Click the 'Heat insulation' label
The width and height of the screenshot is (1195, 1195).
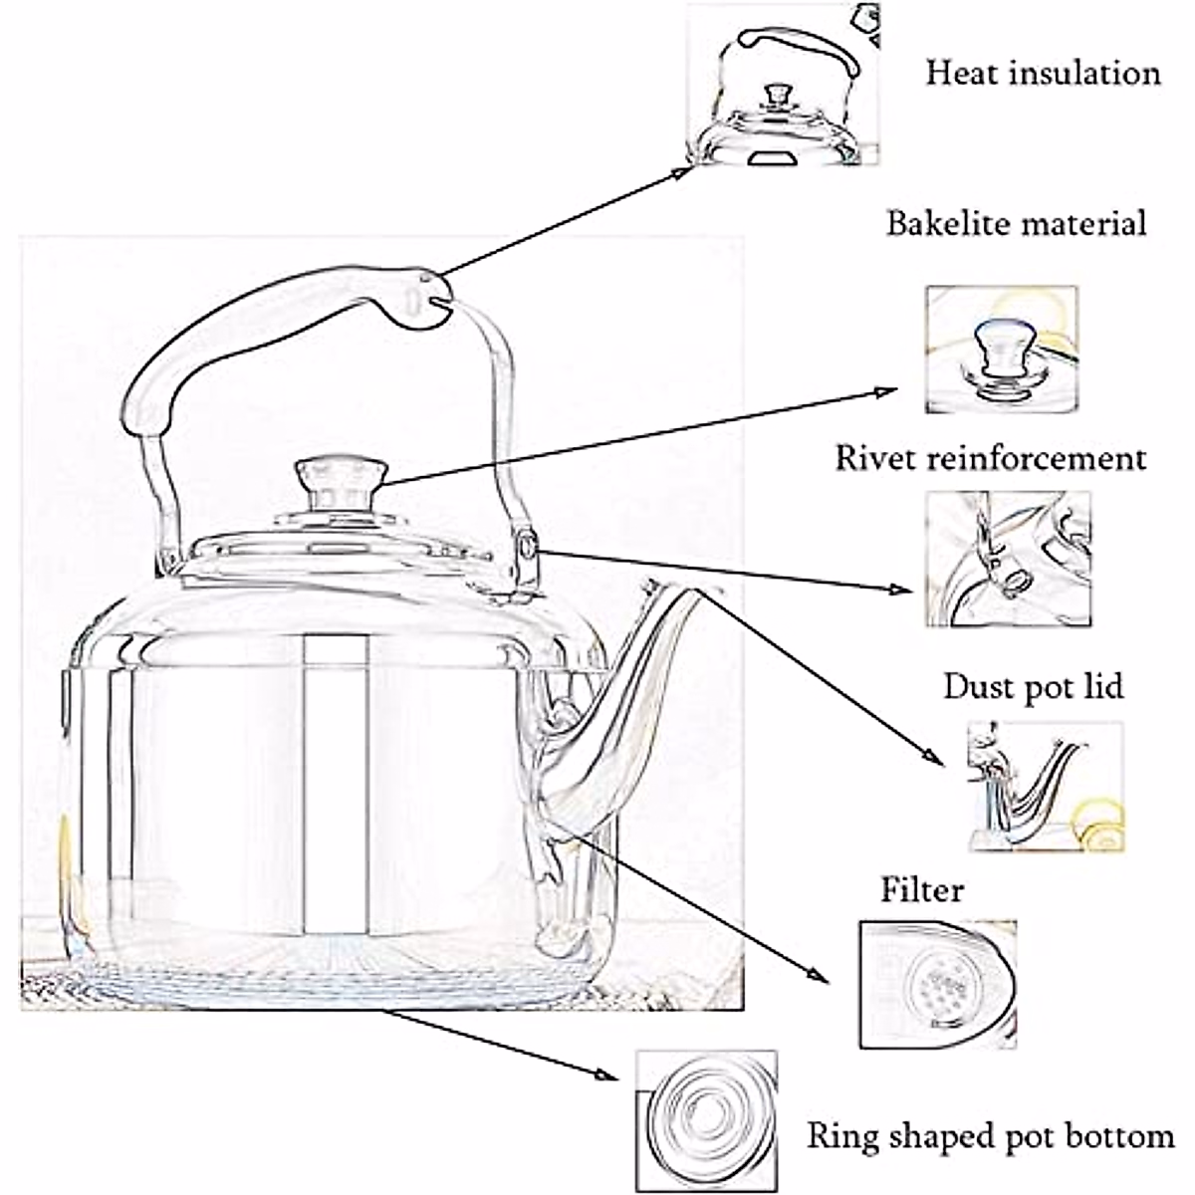(1043, 73)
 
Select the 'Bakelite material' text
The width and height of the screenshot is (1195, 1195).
(1017, 223)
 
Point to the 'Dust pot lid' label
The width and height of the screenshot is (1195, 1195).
(1034, 686)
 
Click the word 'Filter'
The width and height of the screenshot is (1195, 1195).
(922, 889)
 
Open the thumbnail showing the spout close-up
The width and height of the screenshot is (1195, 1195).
(1044, 787)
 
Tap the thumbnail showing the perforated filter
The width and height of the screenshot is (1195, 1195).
(937, 984)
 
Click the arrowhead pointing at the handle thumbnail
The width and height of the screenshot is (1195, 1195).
(682, 173)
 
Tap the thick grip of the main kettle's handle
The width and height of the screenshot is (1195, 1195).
(269, 324)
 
